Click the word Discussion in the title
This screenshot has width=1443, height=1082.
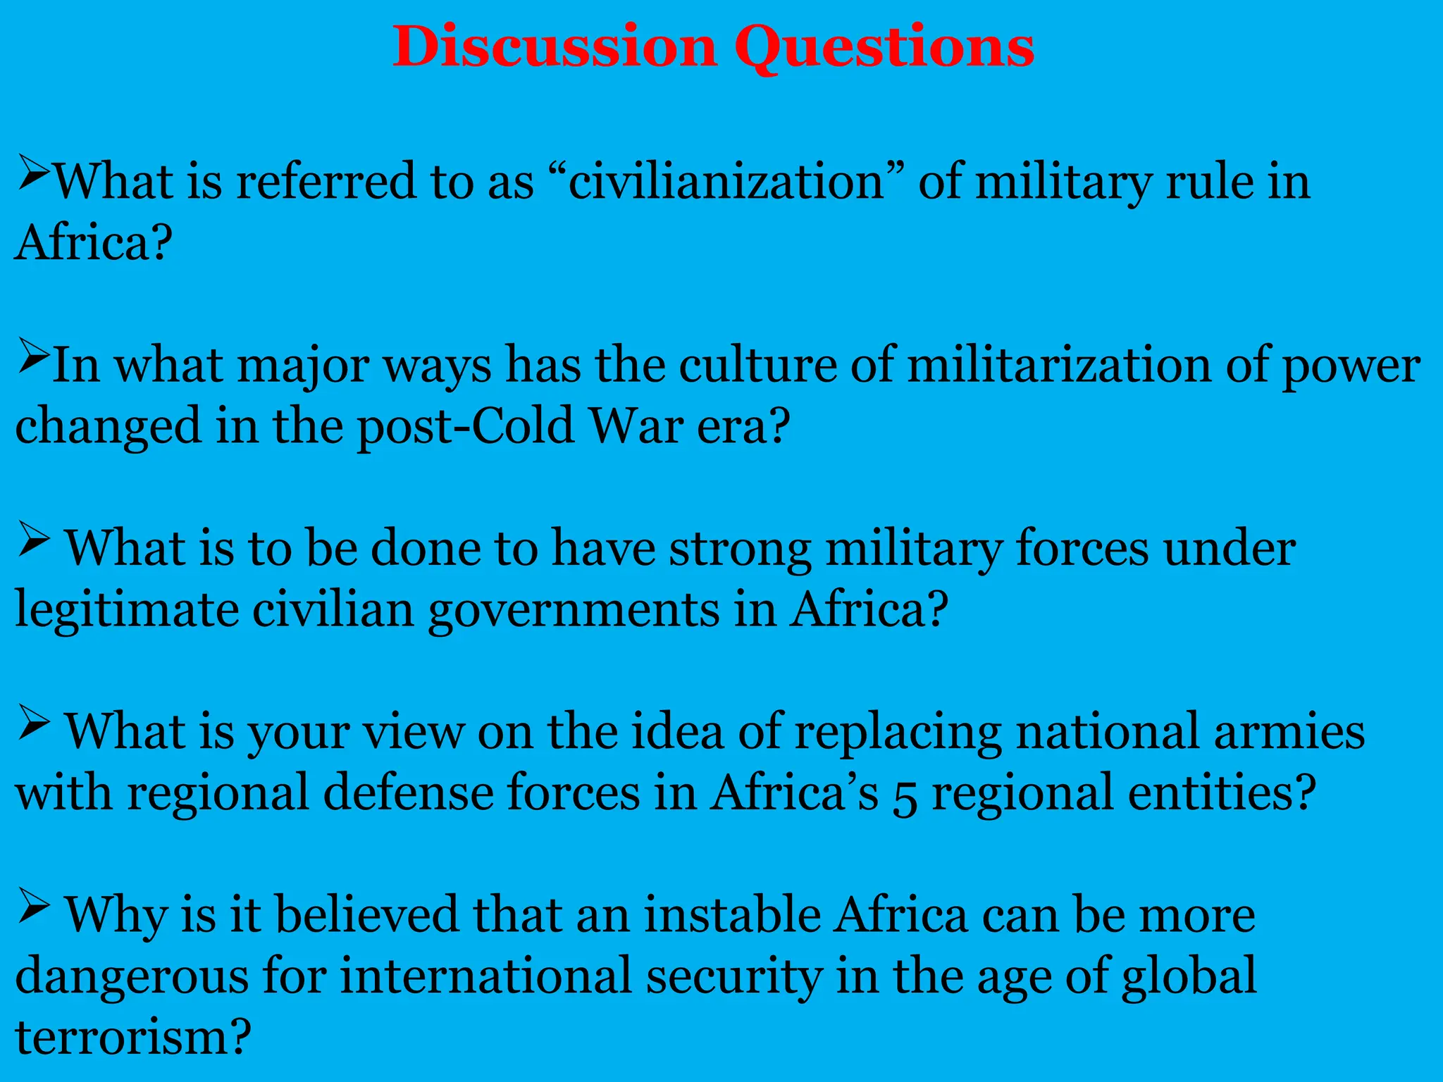pyautogui.click(x=554, y=46)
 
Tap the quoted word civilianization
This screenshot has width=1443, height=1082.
pyautogui.click(x=726, y=182)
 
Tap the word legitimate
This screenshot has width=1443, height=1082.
pyautogui.click(x=128, y=610)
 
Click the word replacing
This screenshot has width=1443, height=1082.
pyautogui.click(x=898, y=733)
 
